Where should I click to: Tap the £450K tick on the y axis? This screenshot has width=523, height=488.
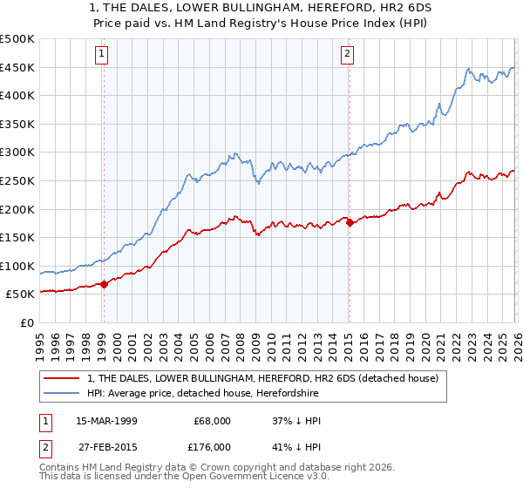pyautogui.click(x=17, y=67)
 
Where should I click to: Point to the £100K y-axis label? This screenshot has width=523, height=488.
pyautogui.click(x=17, y=266)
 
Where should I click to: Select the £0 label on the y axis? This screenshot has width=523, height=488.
pyautogui.click(x=26, y=322)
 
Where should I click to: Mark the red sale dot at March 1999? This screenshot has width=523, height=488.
pyautogui.click(x=104, y=283)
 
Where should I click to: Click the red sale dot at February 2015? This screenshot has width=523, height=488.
pyautogui.click(x=349, y=222)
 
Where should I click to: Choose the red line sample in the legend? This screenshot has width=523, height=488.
pyautogui.click(x=63, y=378)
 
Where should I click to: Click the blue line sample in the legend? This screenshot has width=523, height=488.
pyautogui.click(x=63, y=393)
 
